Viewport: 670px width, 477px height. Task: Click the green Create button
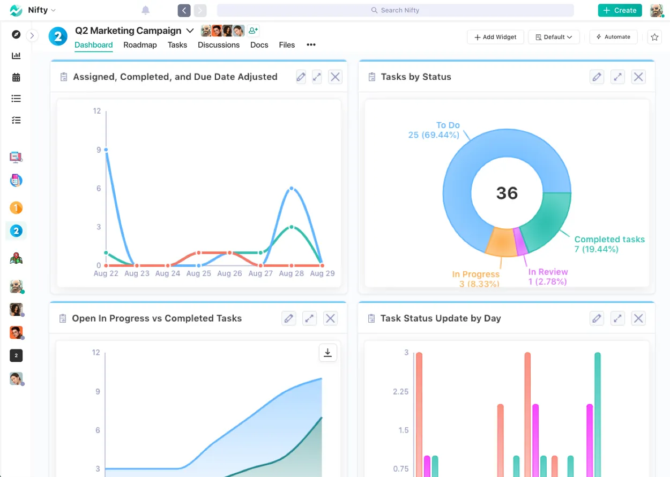pyautogui.click(x=620, y=10)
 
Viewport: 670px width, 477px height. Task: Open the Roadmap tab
pyautogui.click(x=140, y=45)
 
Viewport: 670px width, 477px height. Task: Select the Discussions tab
pyautogui.click(x=219, y=45)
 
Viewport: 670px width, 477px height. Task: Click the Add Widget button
pyautogui.click(x=495, y=37)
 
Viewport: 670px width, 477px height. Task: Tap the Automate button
pyautogui.click(x=613, y=37)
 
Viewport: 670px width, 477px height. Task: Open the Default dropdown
pyautogui.click(x=554, y=37)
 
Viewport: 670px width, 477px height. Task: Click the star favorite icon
pyautogui.click(x=654, y=37)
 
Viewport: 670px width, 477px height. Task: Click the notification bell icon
pyautogui.click(x=145, y=10)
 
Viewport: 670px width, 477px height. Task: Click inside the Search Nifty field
pyautogui.click(x=395, y=10)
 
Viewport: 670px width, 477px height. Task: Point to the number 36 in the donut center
pyautogui.click(x=507, y=193)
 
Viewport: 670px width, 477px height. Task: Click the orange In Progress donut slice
pyautogui.click(x=500, y=242)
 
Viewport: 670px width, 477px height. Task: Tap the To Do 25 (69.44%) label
pyautogui.click(x=434, y=130)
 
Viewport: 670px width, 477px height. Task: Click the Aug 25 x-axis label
pyautogui.click(x=199, y=273)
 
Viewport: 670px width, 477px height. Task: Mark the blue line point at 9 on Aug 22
pyautogui.click(x=106, y=150)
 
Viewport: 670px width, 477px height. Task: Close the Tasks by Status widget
pyautogui.click(x=638, y=77)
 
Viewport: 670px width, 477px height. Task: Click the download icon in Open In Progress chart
pyautogui.click(x=327, y=353)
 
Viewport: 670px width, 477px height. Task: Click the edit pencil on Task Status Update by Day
pyautogui.click(x=597, y=318)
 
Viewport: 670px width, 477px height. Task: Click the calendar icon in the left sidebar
pyautogui.click(x=16, y=77)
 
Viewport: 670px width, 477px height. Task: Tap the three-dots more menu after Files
pyautogui.click(x=311, y=45)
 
